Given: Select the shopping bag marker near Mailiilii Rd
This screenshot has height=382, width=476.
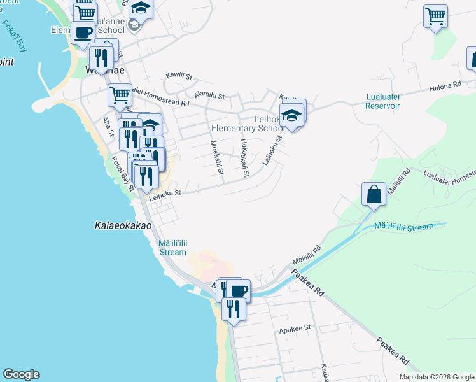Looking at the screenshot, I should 374,194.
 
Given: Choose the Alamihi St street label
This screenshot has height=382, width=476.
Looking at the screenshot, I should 210,95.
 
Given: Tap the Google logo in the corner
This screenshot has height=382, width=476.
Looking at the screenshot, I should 21,374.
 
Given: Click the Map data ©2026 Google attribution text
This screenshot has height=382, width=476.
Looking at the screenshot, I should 436,377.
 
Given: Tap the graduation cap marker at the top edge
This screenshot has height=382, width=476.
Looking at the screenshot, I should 141,8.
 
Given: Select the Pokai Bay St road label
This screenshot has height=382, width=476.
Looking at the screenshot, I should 123,173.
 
